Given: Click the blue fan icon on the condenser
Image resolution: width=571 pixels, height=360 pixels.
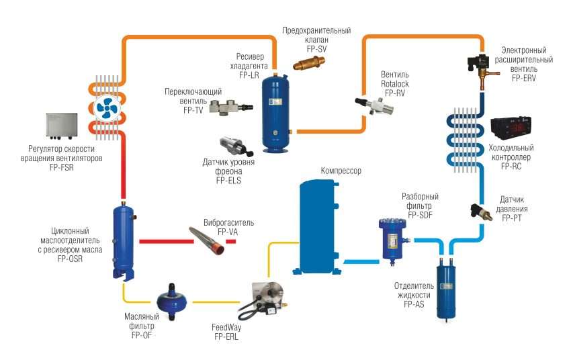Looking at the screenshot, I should [107, 107].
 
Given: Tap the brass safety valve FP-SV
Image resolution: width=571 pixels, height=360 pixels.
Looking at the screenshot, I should [310, 65].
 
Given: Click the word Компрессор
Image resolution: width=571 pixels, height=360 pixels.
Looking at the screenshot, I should [341, 172].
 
